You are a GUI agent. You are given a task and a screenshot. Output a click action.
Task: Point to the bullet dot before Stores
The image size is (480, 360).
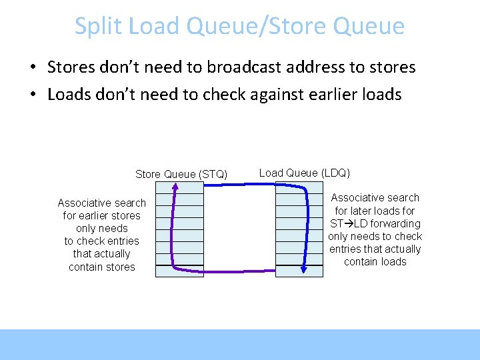click(32, 67)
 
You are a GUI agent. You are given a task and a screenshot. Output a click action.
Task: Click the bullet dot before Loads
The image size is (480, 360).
click(32, 95)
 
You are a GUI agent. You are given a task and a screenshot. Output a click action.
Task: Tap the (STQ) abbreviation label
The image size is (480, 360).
click(213, 175)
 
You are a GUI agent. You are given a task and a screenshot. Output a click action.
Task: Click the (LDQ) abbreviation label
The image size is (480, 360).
click(336, 173)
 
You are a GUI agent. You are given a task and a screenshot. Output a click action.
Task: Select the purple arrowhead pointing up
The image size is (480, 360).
click(174, 188)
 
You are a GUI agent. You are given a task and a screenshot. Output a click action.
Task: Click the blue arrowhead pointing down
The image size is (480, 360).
click(303, 269)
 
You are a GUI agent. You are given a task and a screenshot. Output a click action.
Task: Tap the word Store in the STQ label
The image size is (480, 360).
click(148, 175)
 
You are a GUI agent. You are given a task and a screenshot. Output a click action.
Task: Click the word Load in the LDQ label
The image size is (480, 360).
click(270, 173)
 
